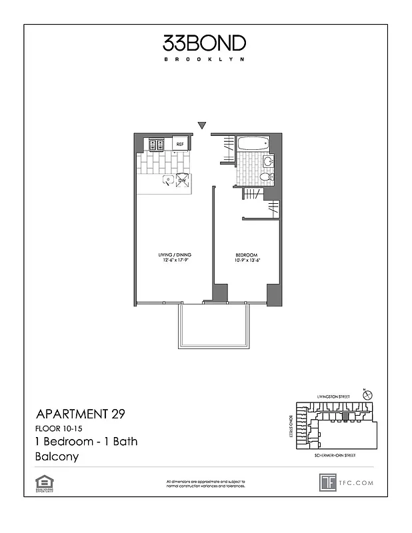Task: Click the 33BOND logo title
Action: tap(205, 44)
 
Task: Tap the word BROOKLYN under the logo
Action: tap(205, 59)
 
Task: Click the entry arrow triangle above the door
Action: tap(202, 125)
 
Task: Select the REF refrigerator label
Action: tap(180, 143)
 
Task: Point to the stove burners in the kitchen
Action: tap(157, 143)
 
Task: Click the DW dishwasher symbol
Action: tap(181, 179)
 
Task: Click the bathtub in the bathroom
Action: tap(253, 143)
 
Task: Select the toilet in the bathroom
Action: tap(265, 177)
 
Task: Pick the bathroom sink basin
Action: tap(268, 161)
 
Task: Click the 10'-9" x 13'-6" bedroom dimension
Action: tap(245, 261)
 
